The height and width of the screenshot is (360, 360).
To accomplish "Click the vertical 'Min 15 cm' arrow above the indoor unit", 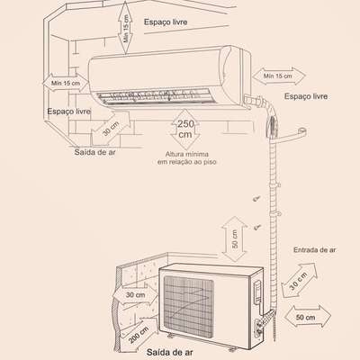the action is point(125,29).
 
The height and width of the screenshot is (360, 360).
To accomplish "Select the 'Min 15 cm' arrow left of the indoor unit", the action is point(66,83).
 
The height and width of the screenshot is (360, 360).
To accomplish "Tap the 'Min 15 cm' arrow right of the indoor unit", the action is point(279,76).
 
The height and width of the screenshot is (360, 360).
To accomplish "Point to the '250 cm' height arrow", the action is point(185,129).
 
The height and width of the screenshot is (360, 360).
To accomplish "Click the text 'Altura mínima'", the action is point(187,154).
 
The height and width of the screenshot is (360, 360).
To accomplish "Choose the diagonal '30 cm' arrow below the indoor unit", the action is point(111,129).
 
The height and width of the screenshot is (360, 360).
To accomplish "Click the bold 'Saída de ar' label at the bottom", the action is point(169,352).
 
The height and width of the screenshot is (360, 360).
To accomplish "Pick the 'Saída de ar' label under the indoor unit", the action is point(94,152).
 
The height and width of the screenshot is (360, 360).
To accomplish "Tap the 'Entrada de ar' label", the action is point(314,250).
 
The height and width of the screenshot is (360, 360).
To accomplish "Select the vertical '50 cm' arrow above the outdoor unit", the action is point(235,239).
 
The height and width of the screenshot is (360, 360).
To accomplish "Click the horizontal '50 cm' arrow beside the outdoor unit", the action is point(307,317).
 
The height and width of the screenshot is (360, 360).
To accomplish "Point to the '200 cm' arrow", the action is point(139,335).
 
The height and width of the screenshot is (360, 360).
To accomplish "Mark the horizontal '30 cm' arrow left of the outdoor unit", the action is point(135,295).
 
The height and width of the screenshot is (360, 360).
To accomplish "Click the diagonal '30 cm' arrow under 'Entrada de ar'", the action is point(299,280).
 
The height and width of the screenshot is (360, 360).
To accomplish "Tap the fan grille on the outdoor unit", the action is point(188,305).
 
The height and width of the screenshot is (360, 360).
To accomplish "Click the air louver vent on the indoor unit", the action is point(154,95).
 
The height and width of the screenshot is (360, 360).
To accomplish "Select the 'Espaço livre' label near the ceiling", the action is point(166,22).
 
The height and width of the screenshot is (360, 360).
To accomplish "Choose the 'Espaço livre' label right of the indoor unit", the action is point(306,96).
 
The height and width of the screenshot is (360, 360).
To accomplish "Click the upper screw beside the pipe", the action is point(256,198).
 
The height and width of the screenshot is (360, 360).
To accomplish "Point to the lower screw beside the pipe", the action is point(257,227).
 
